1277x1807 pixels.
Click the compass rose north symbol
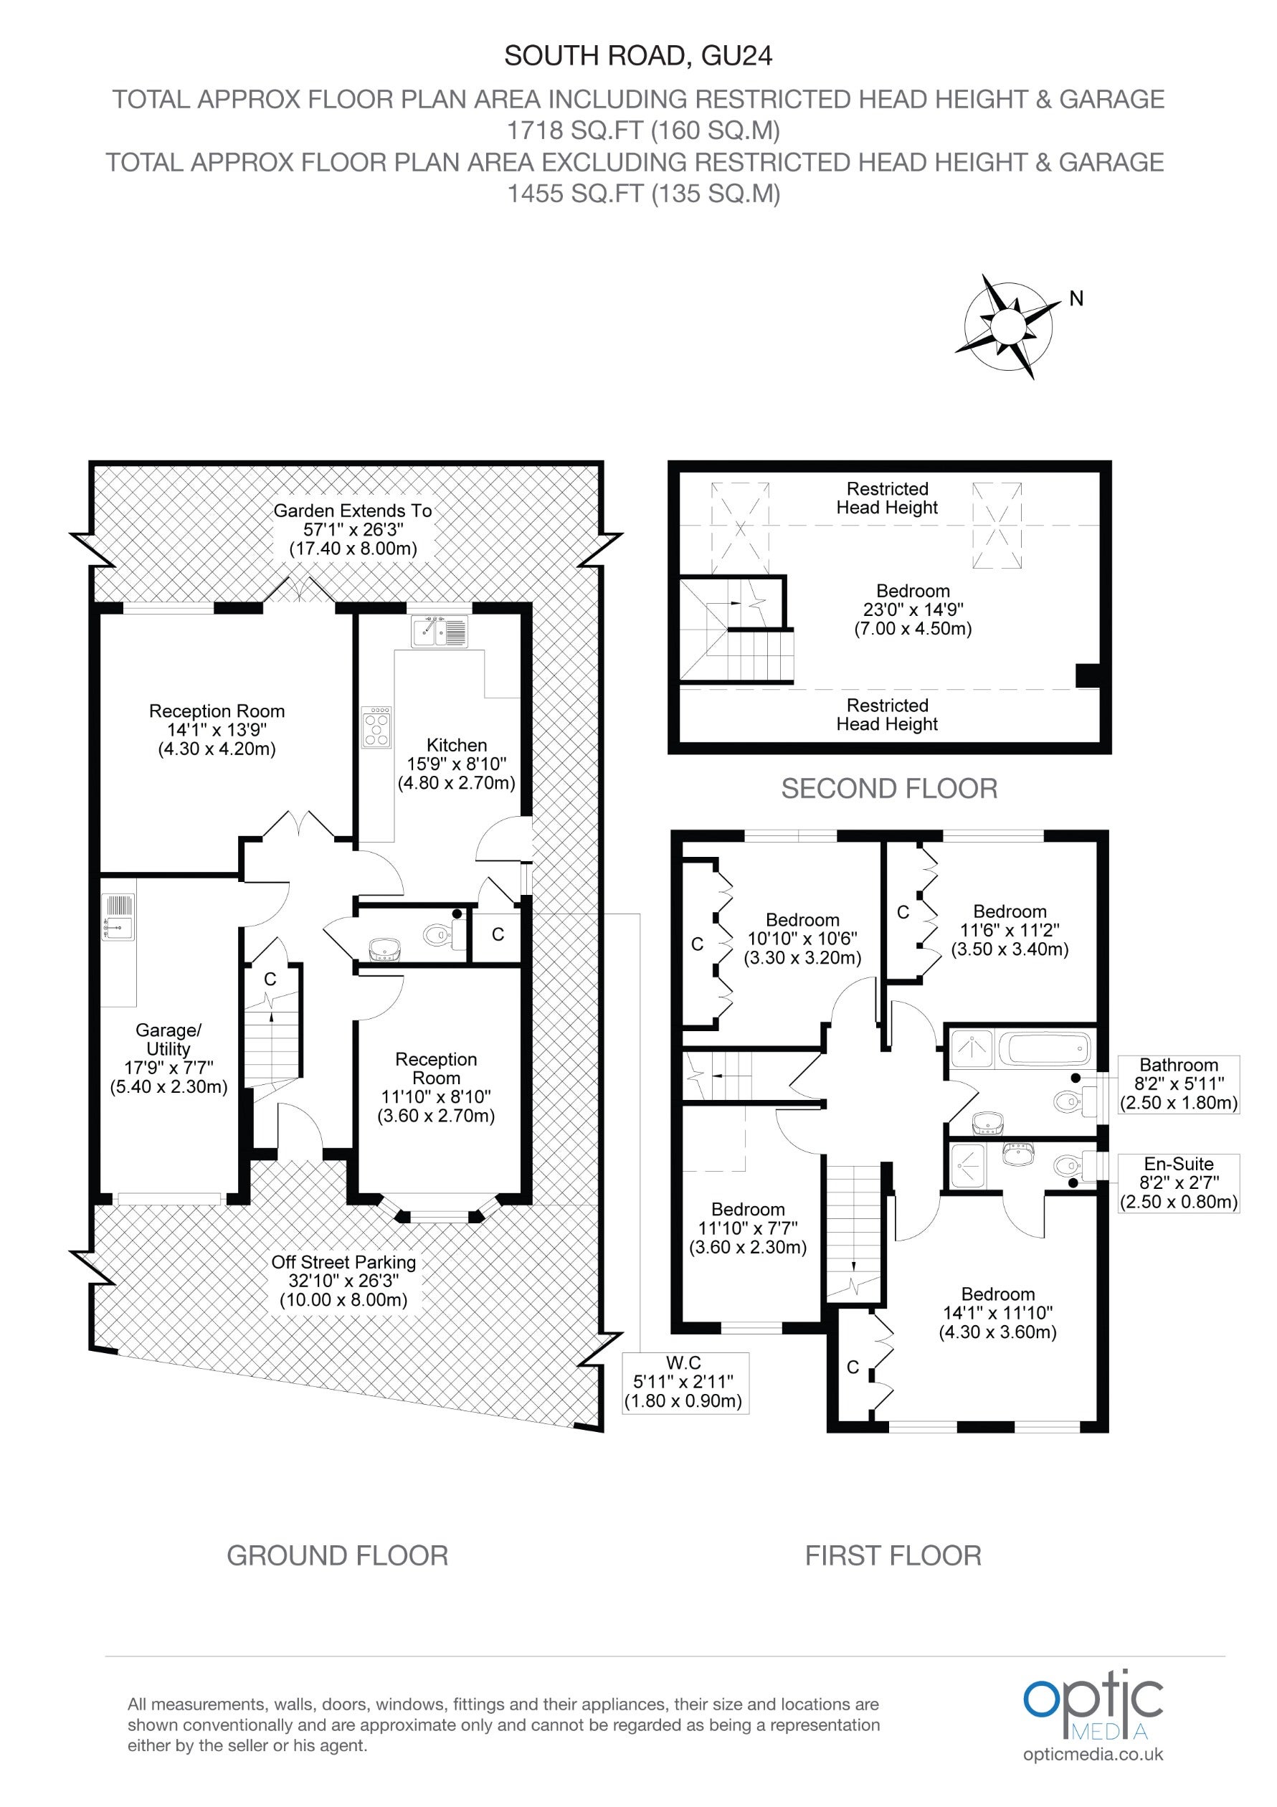click(1007, 326)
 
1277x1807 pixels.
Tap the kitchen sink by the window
click(439, 631)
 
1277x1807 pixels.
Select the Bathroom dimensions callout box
click(1179, 1084)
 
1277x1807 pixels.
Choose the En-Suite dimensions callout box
click(1179, 1183)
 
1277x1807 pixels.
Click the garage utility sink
click(118, 917)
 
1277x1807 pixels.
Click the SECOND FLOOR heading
click(889, 789)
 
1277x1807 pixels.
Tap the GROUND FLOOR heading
click(338, 1556)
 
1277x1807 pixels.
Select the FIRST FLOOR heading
click(893, 1556)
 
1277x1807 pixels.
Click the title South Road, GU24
click(638, 56)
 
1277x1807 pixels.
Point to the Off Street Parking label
click(344, 1281)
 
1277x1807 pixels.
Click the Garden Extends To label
click(353, 530)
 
